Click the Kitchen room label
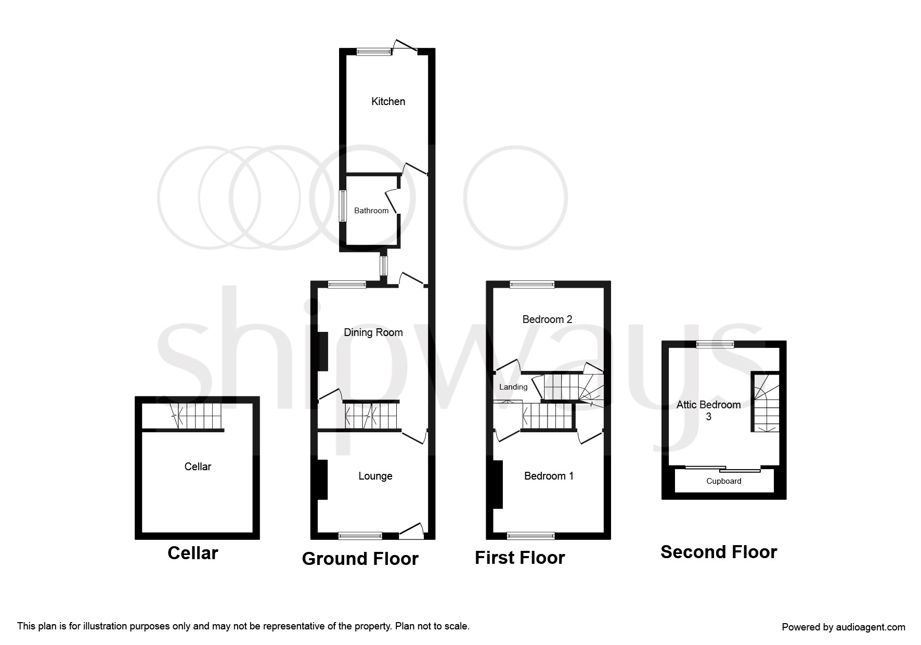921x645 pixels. point(388,101)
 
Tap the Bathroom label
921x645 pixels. point(371,211)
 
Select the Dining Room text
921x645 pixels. point(373,333)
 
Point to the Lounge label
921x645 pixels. point(375,476)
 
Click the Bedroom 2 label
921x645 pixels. point(547,319)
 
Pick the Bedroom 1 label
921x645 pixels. point(549,476)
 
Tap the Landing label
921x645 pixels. point(513,387)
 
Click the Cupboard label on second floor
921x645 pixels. point(724,481)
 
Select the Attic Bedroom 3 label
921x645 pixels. point(708,410)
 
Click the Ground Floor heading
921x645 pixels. point(360,559)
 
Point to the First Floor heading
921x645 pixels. point(520,558)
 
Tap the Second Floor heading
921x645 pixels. point(719,552)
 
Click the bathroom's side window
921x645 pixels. point(343,206)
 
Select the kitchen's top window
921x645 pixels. point(374,51)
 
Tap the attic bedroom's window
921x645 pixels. point(716,344)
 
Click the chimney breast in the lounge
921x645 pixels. point(322,480)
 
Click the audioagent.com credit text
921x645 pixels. point(844,627)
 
